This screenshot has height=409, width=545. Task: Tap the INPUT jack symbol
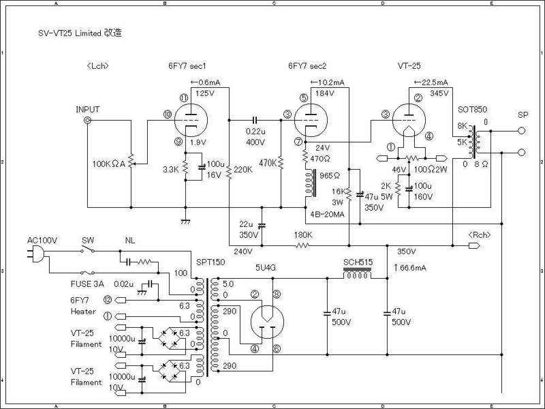(87, 121)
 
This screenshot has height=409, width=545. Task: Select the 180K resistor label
(303, 235)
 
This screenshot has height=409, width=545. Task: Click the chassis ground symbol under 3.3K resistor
(185, 221)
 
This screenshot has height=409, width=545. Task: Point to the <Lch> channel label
(98, 66)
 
